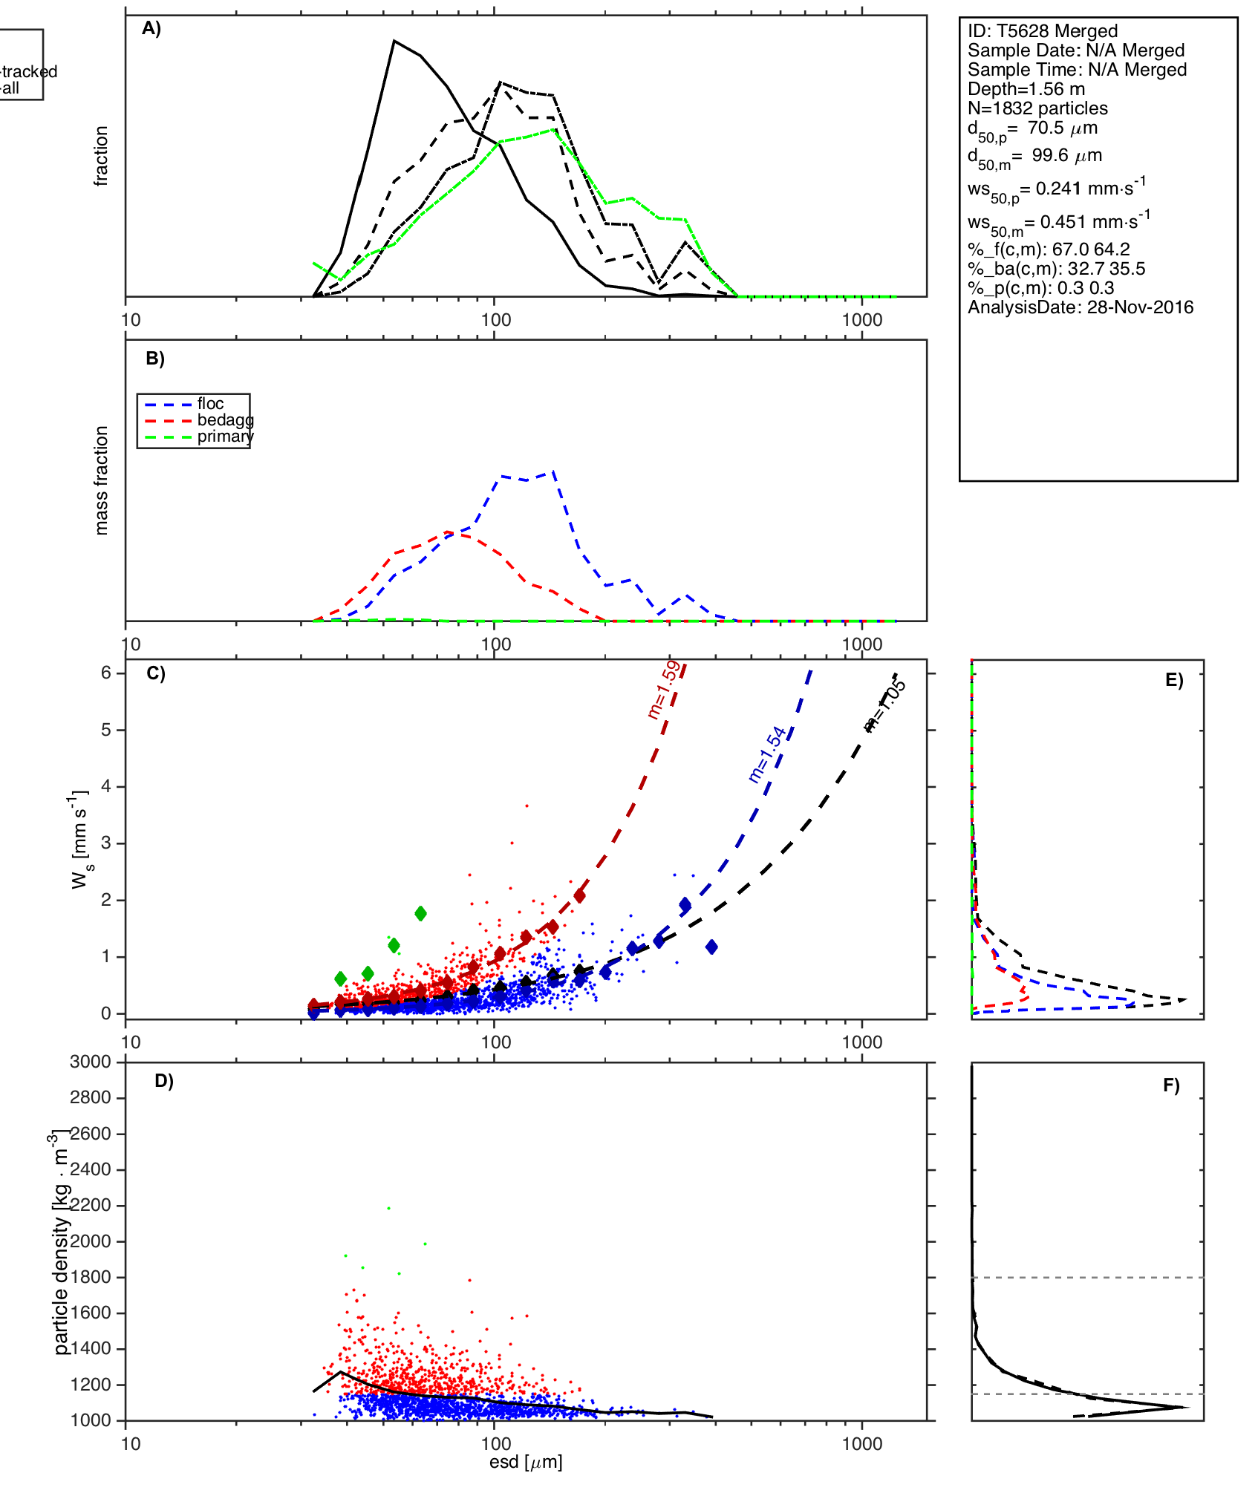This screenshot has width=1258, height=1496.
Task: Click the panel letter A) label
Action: click(x=151, y=29)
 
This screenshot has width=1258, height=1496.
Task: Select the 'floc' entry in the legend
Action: click(x=210, y=404)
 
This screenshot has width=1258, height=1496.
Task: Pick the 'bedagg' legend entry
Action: click(x=225, y=420)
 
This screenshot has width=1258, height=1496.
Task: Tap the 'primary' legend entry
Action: click(x=225, y=437)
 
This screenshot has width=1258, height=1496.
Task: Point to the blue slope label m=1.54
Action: click(x=767, y=754)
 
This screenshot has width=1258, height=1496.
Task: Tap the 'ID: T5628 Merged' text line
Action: click(x=1043, y=31)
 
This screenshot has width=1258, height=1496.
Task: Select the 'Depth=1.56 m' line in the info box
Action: click(x=1026, y=89)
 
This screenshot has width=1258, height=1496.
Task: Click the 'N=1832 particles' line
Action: click(x=1037, y=108)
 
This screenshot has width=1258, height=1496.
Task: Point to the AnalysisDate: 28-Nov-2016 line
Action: click(x=1081, y=307)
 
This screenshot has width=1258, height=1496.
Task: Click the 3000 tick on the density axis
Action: click(x=91, y=1062)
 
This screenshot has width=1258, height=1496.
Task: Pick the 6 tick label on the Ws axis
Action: click(x=106, y=673)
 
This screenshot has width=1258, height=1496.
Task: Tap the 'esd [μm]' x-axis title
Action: click(x=526, y=1462)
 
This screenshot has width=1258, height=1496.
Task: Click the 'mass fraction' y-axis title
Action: click(x=102, y=480)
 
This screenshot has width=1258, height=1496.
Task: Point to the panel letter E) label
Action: click(x=1174, y=681)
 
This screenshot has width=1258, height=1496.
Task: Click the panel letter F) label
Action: click(x=1171, y=1085)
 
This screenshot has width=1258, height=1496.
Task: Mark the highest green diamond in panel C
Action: click(x=420, y=913)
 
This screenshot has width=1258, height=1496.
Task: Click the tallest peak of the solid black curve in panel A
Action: click(x=394, y=41)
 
